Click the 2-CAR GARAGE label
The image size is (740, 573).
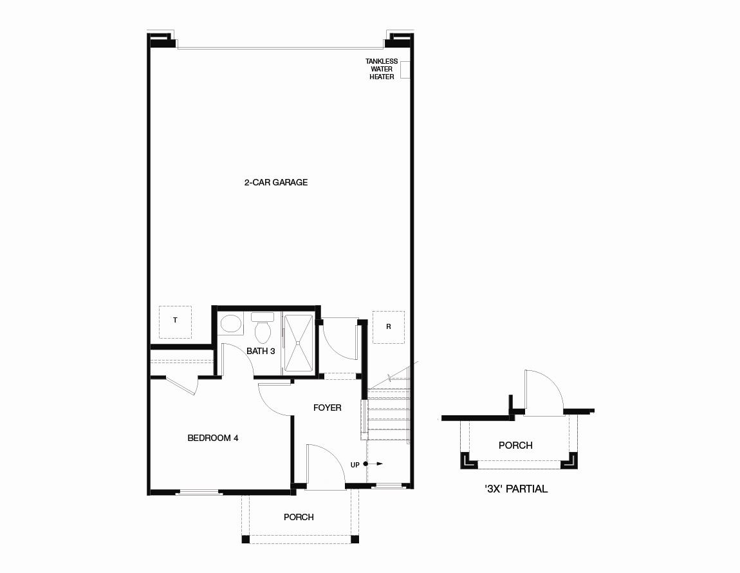tap(275, 183)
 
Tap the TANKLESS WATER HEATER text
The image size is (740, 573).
tap(382, 69)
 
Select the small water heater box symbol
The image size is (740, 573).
tap(405, 69)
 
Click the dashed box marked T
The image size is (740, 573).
tap(175, 321)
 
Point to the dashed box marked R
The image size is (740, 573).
tap(388, 327)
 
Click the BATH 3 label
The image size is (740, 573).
tap(261, 352)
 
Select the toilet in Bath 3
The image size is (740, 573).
tap(262, 330)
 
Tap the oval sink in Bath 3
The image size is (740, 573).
tap(230, 324)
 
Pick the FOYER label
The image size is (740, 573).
tap(327, 408)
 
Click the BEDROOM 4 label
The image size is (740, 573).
tap(213, 438)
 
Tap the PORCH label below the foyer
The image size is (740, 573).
tap(299, 517)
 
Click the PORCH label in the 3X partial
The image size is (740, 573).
tap(515, 446)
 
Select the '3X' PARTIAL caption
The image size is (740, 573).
tap(515, 489)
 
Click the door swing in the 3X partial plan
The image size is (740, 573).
tap(544, 393)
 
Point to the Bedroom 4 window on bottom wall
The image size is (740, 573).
tap(199, 493)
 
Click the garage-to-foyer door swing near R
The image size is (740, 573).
tap(339, 338)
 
